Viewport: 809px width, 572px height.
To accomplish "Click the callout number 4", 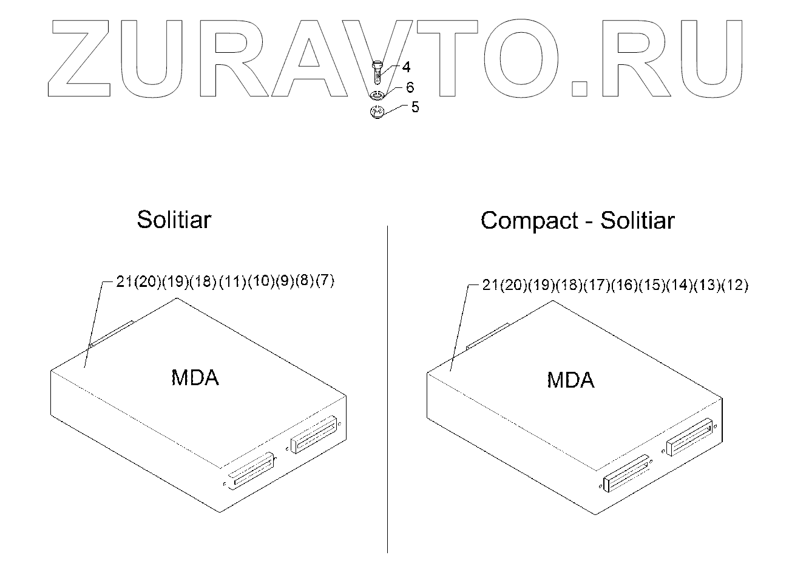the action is pyautogui.click(x=405, y=67).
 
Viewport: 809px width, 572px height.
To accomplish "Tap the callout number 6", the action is pyautogui.click(x=410, y=88).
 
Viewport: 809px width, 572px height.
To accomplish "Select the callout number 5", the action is pyautogui.click(x=415, y=107).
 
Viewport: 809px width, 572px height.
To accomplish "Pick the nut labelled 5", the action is pyautogui.click(x=378, y=113).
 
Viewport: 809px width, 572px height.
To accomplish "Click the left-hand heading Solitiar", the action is pyautogui.click(x=174, y=219).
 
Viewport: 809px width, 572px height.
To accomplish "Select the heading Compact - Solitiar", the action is pyautogui.click(x=577, y=220).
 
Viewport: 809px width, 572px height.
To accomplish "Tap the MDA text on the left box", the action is pyautogui.click(x=195, y=378).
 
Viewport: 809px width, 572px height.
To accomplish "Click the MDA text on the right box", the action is pyautogui.click(x=570, y=380).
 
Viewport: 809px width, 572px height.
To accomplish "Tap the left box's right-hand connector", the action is pyautogui.click(x=314, y=434).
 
